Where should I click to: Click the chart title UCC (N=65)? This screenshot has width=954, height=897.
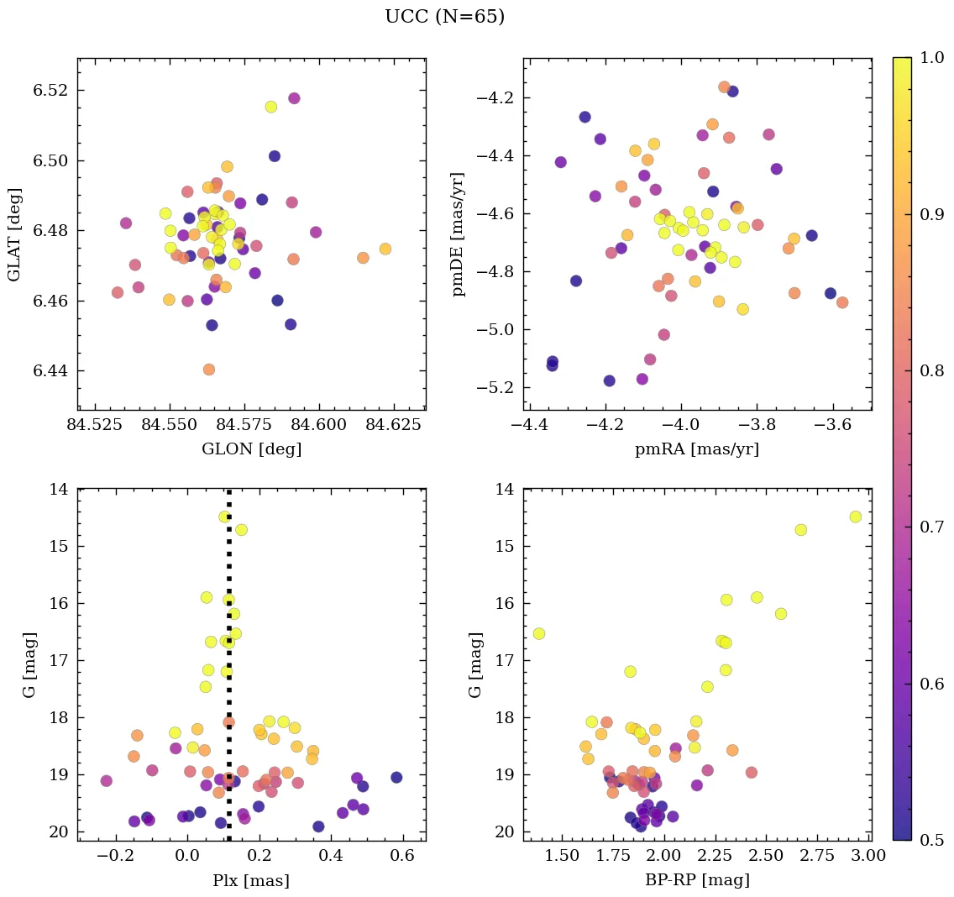coord(444,17)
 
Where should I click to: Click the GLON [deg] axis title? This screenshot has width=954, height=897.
coord(251,449)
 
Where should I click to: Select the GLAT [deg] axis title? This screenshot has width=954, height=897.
coord(14,234)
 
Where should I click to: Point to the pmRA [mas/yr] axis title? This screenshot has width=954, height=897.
coord(697,449)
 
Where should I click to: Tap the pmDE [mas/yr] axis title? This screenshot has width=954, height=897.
coord(459,234)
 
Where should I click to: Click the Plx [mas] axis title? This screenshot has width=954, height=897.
coord(251,880)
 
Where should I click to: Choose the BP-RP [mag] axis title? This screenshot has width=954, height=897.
coord(697,880)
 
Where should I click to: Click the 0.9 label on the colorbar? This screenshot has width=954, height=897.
coord(931,214)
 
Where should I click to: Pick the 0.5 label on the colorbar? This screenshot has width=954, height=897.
coord(931,840)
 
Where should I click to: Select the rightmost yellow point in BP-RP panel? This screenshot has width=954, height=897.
coord(855,517)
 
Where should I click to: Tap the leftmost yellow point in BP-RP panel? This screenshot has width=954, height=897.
coord(539,633)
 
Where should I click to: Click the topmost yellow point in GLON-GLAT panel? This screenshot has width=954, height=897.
coord(271,107)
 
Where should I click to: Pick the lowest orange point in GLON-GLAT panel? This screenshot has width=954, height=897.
coord(209,370)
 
